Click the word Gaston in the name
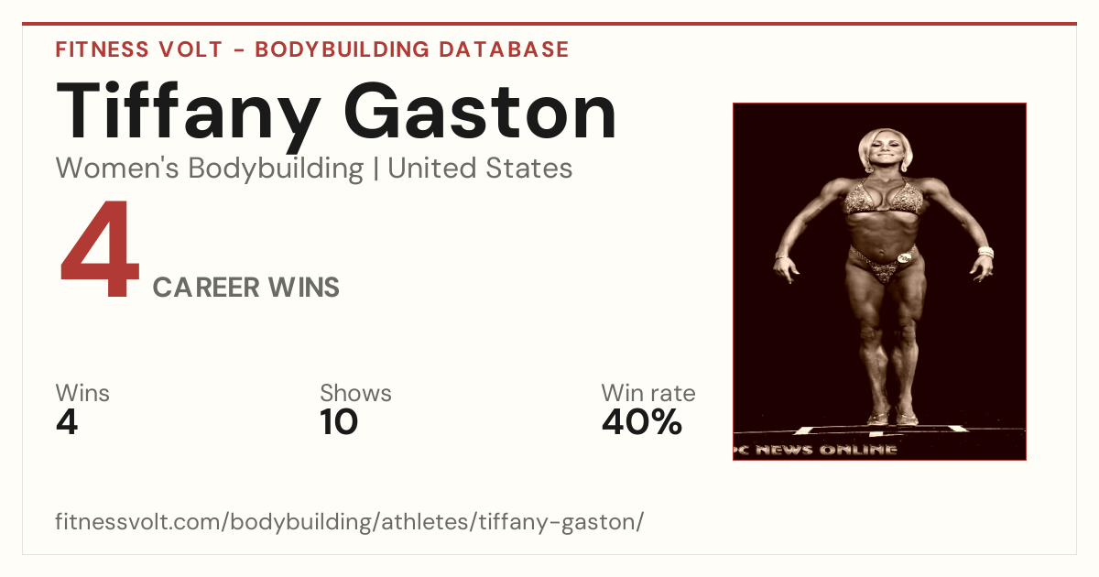point(480,111)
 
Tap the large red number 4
point(100,248)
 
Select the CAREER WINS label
point(245,288)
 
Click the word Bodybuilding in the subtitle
point(276,169)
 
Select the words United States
point(480,169)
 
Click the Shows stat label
point(355,393)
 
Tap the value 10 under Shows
point(339,422)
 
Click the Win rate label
point(648,393)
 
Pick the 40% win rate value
point(642,422)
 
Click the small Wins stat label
point(82,393)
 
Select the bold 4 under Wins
point(67,422)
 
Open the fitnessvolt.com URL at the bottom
point(349,521)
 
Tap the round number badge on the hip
point(904,257)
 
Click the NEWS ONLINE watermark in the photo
point(826,450)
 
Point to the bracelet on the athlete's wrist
point(985,252)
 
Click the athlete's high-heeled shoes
point(892,417)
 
